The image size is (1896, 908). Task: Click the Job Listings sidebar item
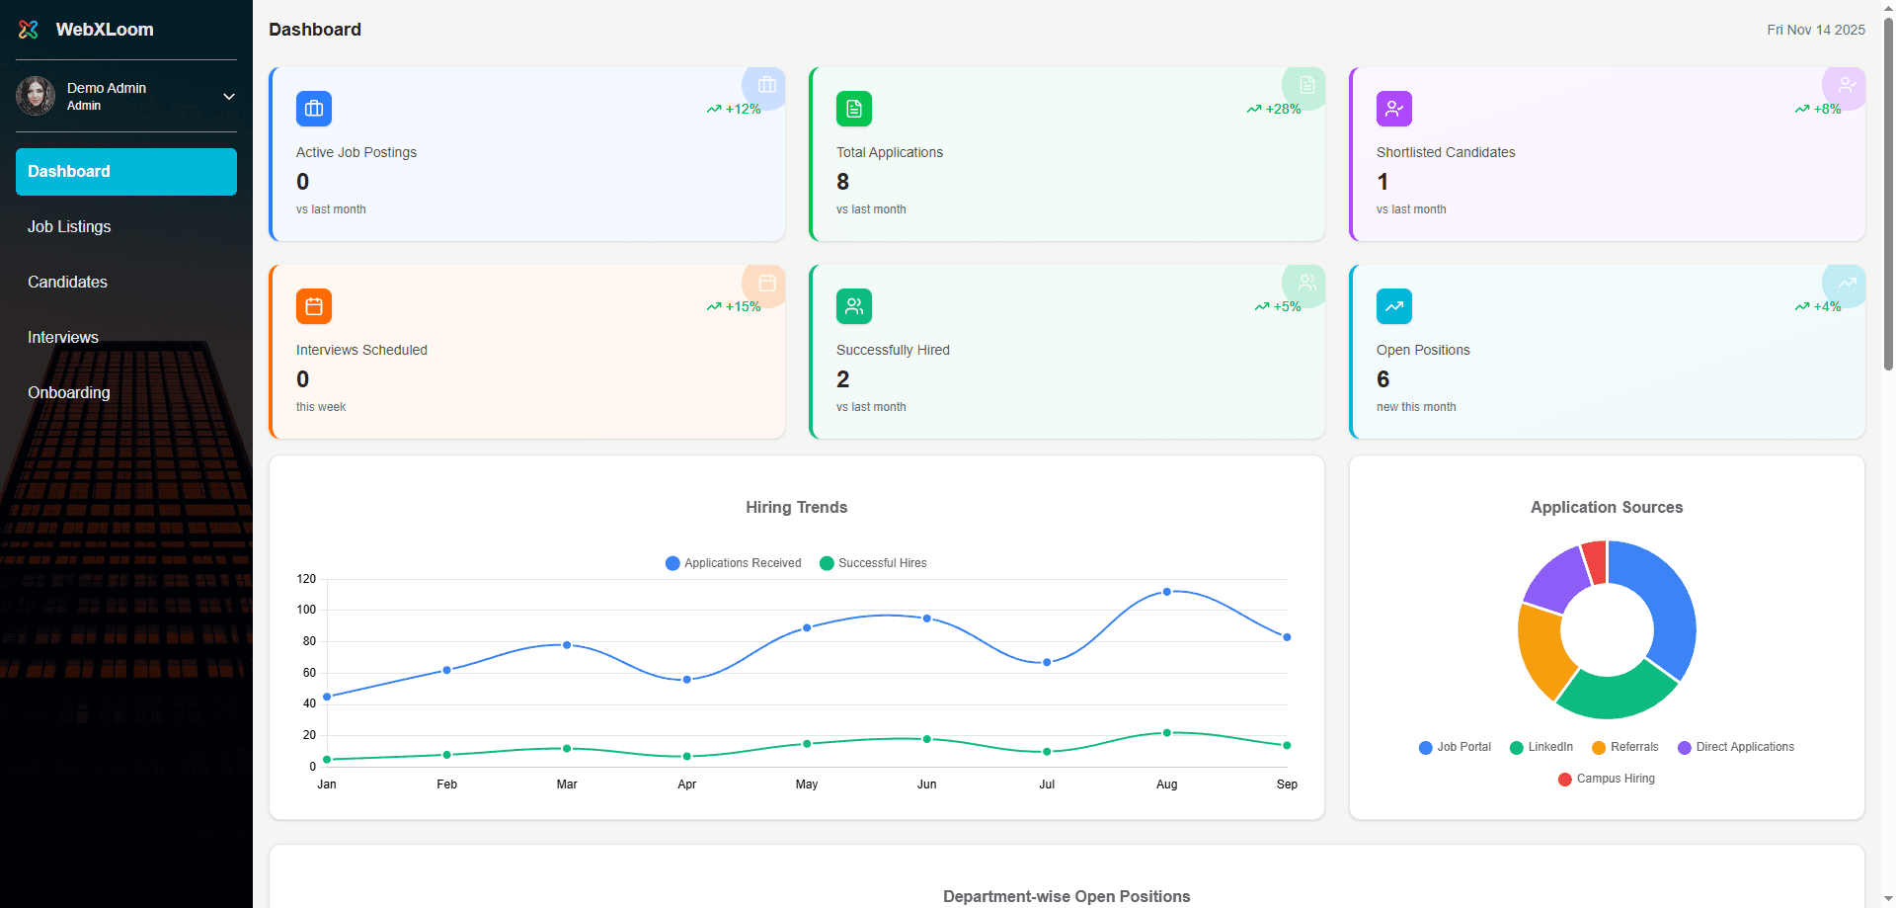pyautogui.click(x=69, y=226)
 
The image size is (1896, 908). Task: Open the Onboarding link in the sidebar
pyautogui.click(x=69, y=392)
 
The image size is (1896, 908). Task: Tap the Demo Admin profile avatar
pyautogui.click(x=36, y=96)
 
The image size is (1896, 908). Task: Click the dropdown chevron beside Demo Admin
pyautogui.click(x=229, y=97)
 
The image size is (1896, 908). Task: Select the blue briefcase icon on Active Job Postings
pyautogui.click(x=314, y=109)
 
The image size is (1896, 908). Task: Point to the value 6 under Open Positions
pyautogui.click(x=1382, y=379)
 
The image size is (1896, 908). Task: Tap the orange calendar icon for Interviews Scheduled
pyautogui.click(x=314, y=306)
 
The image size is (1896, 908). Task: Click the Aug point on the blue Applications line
pyautogui.click(x=1167, y=592)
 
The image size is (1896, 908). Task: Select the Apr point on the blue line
pyautogui.click(x=687, y=680)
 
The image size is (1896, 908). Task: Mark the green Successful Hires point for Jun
pyautogui.click(x=927, y=739)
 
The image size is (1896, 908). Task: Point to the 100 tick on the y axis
pyautogui.click(x=307, y=610)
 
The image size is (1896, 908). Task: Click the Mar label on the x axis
pyautogui.click(x=567, y=784)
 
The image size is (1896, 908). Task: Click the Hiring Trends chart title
pyautogui.click(x=796, y=507)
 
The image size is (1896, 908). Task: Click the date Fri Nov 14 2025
pyautogui.click(x=1815, y=30)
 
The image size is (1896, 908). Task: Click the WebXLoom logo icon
pyautogui.click(x=29, y=30)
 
